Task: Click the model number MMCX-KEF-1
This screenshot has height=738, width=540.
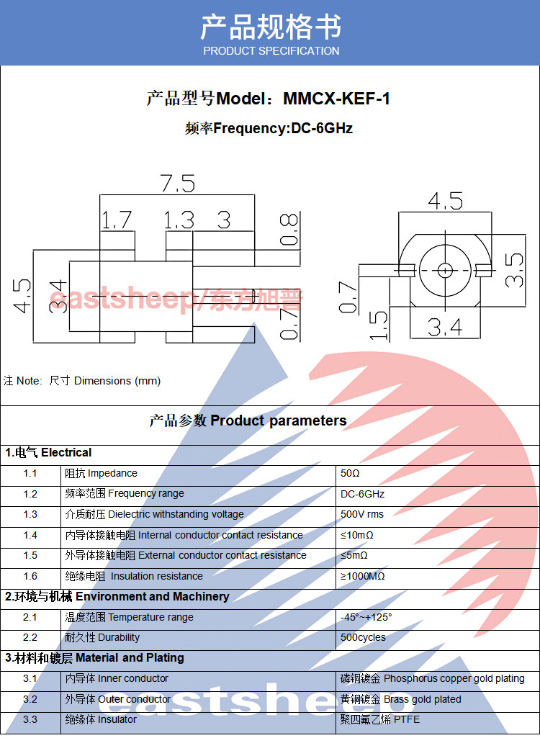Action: click(x=337, y=99)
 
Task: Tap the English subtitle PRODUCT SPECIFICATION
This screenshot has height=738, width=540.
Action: click(x=271, y=51)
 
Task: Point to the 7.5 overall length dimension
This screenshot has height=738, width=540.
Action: click(x=178, y=183)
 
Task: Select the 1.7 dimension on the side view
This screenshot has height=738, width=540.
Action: click(x=117, y=220)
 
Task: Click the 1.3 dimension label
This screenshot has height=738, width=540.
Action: click(x=179, y=220)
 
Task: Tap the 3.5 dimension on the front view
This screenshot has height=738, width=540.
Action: click(x=514, y=270)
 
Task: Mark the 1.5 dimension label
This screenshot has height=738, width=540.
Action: click(x=379, y=325)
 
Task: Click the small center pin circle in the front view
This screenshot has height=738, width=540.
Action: click(x=445, y=270)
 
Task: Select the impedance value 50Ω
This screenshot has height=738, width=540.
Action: click(x=350, y=473)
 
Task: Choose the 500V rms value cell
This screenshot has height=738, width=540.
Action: click(x=362, y=514)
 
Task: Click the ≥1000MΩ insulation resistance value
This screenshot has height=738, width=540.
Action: click(x=362, y=576)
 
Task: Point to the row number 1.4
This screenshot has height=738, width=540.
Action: click(x=30, y=535)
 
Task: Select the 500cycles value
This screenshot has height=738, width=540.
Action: click(x=363, y=637)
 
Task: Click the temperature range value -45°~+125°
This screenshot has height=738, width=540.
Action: click(x=366, y=617)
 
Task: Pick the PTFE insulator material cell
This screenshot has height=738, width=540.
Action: click(x=380, y=719)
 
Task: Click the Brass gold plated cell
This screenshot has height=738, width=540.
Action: click(x=400, y=699)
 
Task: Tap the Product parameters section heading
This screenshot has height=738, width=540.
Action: click(x=248, y=420)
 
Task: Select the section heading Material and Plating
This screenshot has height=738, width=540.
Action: click(x=94, y=657)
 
